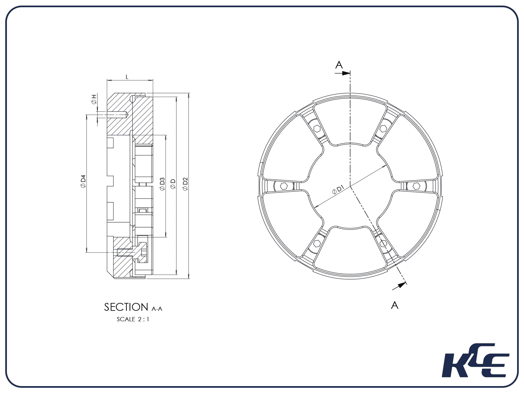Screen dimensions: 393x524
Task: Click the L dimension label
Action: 127,77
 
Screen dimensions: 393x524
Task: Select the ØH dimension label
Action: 94,99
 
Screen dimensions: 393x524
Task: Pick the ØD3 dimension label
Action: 162,184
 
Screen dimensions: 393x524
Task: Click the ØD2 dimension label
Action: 185,184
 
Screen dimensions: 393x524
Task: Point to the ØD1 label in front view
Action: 338,190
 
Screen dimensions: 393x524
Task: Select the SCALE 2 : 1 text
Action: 133,319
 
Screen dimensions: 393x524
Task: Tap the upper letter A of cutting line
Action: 339,65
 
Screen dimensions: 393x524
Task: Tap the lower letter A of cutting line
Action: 395,305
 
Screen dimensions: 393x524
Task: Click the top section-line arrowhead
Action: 346,73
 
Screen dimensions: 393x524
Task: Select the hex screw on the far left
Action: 284,186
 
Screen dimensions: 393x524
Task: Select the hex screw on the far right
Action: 416,186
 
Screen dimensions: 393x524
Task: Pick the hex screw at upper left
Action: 317,129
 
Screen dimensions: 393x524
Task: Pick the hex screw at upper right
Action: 384,129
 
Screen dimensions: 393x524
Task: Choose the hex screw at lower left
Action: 317,243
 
